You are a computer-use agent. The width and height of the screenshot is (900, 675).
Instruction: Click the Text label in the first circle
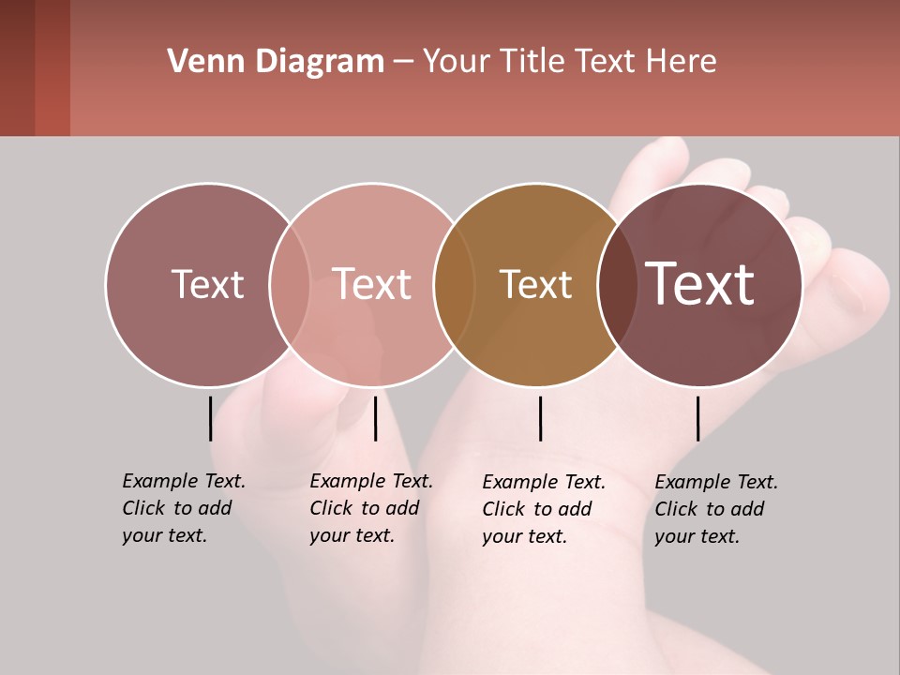[x=207, y=284]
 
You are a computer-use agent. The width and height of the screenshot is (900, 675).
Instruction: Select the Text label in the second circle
[x=372, y=284]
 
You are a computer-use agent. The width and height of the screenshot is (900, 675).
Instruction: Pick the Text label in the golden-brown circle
[x=535, y=284]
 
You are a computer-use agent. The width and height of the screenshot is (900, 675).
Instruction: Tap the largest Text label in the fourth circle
[x=700, y=283]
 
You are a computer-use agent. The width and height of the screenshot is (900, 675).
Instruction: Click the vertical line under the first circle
[x=210, y=418]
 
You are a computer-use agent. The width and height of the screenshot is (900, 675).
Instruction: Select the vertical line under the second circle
[x=375, y=418]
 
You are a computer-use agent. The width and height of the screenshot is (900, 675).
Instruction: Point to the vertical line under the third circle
[x=540, y=418]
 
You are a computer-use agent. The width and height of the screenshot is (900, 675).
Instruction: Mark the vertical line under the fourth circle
[x=697, y=418]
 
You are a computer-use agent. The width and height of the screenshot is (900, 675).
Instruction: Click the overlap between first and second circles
[x=290, y=284]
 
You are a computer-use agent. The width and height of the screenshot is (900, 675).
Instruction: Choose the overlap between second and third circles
[x=454, y=284]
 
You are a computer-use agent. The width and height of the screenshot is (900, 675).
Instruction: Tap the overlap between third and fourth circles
[x=618, y=284]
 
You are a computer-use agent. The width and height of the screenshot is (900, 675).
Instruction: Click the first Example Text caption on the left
[x=183, y=508]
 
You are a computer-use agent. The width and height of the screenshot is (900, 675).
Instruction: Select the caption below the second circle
[x=370, y=508]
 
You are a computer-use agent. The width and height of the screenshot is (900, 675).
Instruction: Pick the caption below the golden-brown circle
[x=543, y=509]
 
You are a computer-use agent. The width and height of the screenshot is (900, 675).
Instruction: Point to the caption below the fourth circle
[x=715, y=509]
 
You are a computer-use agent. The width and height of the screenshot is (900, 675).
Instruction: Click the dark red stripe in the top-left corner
[x=52, y=67]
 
